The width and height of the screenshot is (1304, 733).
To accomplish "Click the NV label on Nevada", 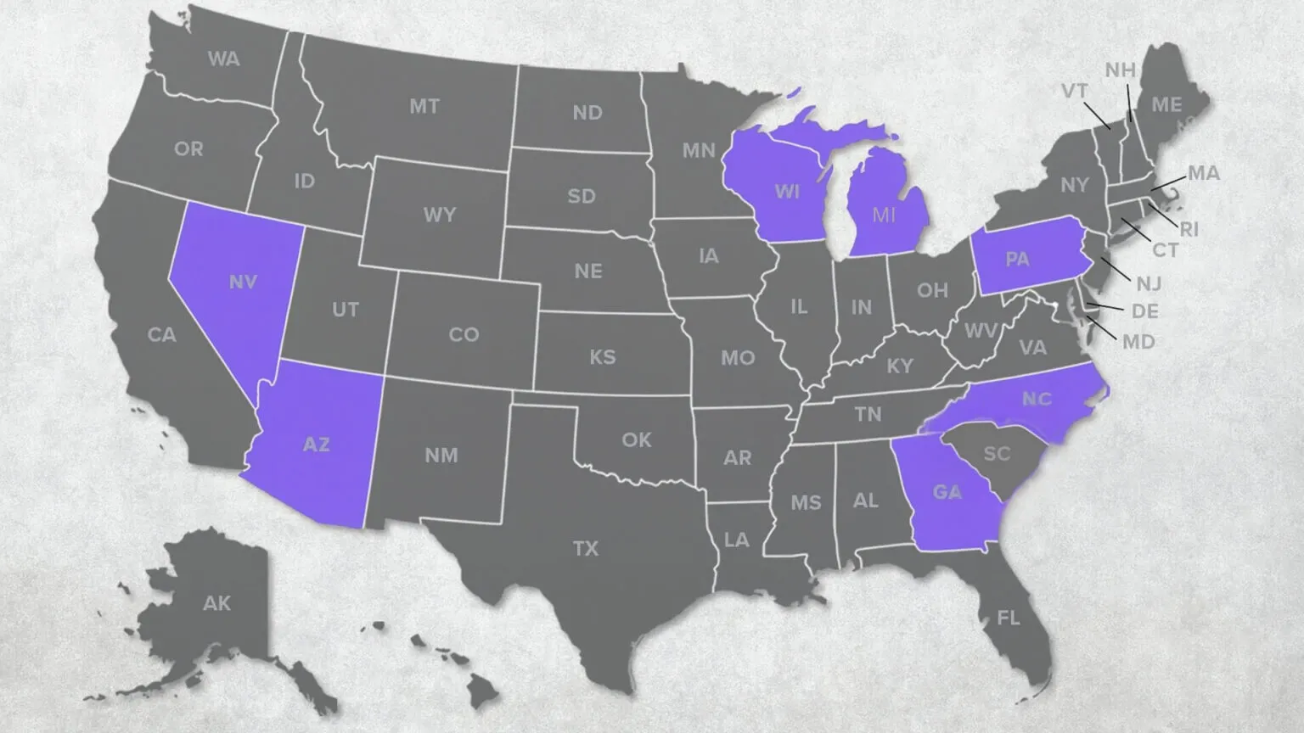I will pyautogui.click(x=243, y=283).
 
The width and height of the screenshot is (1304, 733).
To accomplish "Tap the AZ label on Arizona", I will pyautogui.click(x=316, y=444).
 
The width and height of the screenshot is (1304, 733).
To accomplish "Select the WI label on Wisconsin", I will pyautogui.click(x=787, y=191).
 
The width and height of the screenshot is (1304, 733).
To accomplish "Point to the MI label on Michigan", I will pyautogui.click(x=884, y=215).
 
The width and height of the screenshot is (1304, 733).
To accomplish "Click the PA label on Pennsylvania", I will pyautogui.click(x=1017, y=259).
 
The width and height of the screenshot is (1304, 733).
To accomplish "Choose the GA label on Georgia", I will pyautogui.click(x=947, y=492).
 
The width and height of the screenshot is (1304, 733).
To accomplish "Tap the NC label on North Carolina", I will pyautogui.click(x=1037, y=399).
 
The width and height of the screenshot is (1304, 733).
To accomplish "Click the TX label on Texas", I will pyautogui.click(x=586, y=549).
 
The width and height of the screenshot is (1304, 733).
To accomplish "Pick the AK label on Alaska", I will pyautogui.click(x=216, y=603).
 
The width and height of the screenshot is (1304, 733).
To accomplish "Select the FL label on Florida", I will pyautogui.click(x=1009, y=618).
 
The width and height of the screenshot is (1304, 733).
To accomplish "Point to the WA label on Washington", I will pyautogui.click(x=223, y=59).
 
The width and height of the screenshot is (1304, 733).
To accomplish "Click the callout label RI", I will pyautogui.click(x=1189, y=229).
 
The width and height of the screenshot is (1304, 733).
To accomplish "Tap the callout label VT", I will pyautogui.click(x=1075, y=91).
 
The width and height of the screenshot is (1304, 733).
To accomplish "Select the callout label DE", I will pyautogui.click(x=1144, y=311).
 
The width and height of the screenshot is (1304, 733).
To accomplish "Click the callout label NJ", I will pyautogui.click(x=1149, y=283).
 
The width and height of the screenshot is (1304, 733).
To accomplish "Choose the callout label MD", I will pyautogui.click(x=1138, y=342).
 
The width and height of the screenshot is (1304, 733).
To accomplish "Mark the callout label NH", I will pyautogui.click(x=1120, y=70).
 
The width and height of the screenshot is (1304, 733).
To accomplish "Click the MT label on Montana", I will pyautogui.click(x=424, y=107).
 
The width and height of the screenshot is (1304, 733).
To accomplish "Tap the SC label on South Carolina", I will pyautogui.click(x=997, y=454).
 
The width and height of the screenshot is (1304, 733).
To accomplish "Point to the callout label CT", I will pyautogui.click(x=1165, y=250).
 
